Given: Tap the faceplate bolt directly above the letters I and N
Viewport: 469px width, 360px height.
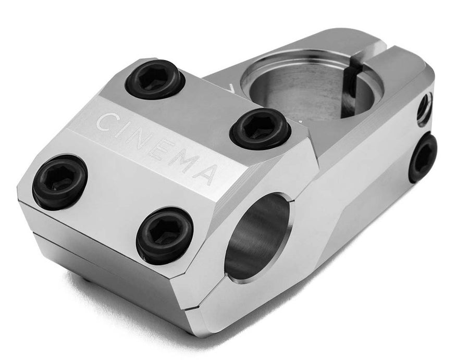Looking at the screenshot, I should click(x=155, y=79).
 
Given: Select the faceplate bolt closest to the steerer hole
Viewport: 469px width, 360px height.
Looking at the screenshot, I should click(x=260, y=128).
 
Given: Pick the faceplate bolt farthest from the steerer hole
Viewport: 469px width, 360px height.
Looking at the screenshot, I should click(x=59, y=181).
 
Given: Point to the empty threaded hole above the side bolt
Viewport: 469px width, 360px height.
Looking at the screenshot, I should click(x=425, y=108).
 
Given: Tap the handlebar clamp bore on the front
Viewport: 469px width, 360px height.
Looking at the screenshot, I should click(x=256, y=237).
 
